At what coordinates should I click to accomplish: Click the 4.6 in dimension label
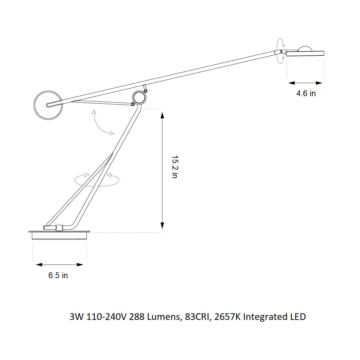[x=306, y=93]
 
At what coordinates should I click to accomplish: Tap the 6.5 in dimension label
[x=58, y=276]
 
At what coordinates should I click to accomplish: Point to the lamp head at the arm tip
[x=305, y=53]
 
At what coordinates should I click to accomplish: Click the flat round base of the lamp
[x=60, y=235]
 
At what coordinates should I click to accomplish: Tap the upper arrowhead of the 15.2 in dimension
[x=162, y=115]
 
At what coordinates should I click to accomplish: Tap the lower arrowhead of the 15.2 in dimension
[x=162, y=225]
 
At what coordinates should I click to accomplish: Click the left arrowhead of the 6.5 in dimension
[x=39, y=264]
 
